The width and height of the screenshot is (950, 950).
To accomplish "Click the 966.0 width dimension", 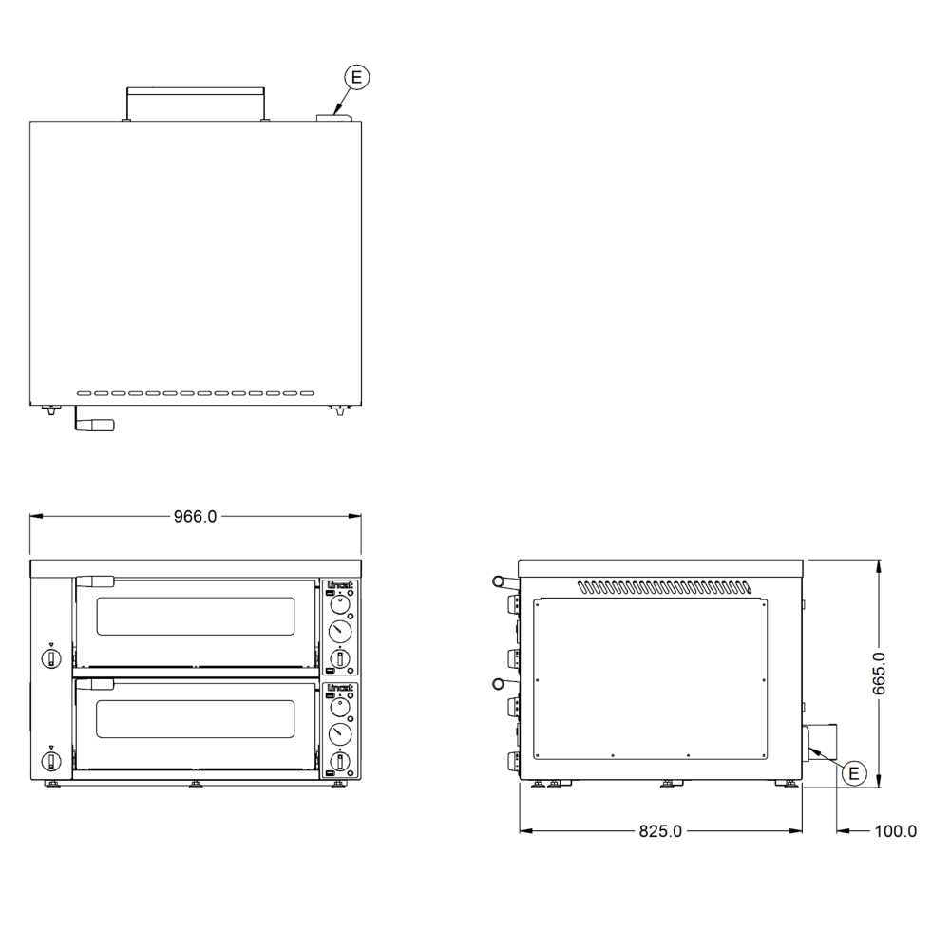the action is (195, 516).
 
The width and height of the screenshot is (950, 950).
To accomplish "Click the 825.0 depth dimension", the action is (660, 831).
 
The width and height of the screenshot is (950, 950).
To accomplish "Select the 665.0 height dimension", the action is (879, 674).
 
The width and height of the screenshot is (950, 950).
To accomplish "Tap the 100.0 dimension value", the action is (896, 831).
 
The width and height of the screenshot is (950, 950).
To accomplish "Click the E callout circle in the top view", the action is (357, 77).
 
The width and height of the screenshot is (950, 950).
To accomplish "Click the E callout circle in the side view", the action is (854, 773).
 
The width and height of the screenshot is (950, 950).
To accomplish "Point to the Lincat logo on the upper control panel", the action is (340, 585).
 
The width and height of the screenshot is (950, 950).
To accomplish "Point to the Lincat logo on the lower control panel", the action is (340, 688).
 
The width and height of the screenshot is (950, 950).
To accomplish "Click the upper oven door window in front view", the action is (196, 617).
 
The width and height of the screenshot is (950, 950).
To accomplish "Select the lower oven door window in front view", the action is (196, 719).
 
